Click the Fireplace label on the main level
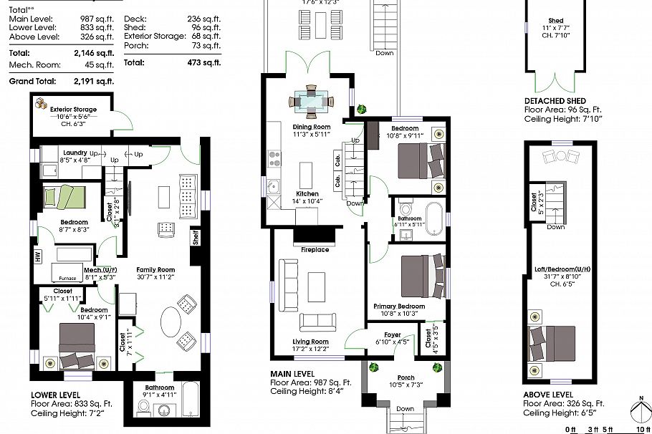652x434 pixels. tap(315, 250)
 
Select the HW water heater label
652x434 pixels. tap(37, 255)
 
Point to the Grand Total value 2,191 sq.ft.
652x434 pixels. tap(94, 81)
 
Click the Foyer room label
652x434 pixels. tap(392, 334)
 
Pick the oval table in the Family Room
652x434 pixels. tap(171, 322)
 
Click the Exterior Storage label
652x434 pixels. tap(73, 110)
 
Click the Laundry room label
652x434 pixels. tap(75, 153)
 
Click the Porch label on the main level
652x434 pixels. tap(406, 377)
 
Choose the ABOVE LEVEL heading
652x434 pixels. tap(548, 394)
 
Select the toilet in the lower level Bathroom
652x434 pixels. tap(142, 407)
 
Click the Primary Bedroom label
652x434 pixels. tap(398, 306)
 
